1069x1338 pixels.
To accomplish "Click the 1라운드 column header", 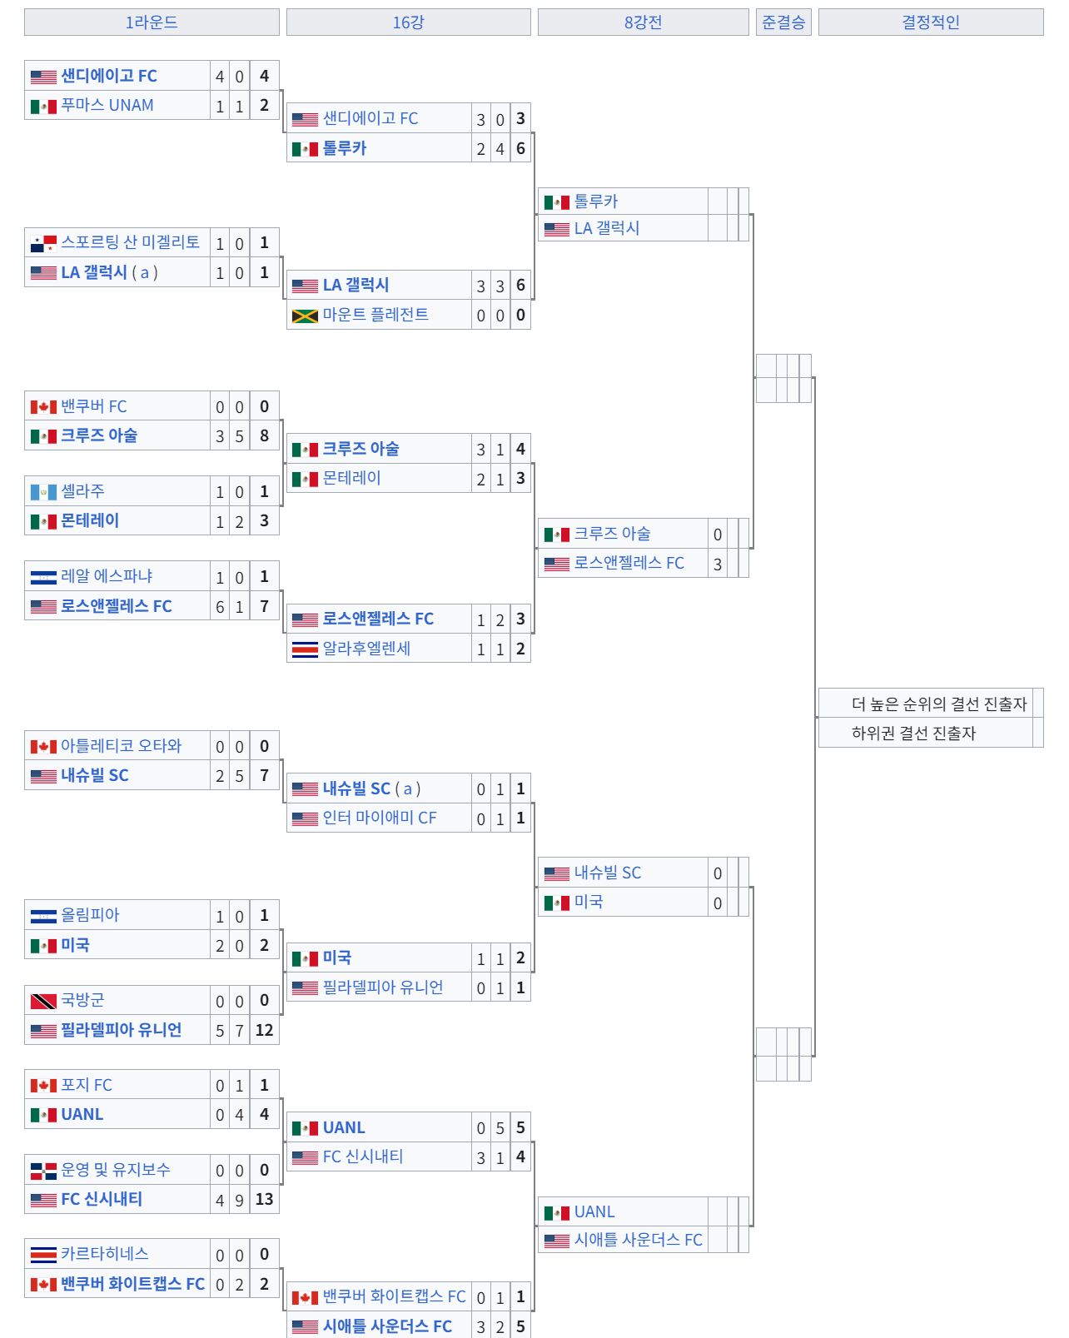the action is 152,22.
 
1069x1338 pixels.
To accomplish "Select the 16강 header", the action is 408,22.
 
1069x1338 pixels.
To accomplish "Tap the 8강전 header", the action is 643,22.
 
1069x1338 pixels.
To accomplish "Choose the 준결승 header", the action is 783,22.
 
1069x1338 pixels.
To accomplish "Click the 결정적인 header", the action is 930,22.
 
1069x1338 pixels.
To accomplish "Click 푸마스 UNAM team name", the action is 107,106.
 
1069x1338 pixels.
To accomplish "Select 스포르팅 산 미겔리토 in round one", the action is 130,242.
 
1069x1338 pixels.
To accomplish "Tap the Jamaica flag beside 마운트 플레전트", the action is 305,316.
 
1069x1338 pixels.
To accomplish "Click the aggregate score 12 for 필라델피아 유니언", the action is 264,1030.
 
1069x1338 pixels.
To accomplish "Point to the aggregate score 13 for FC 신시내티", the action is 264,1199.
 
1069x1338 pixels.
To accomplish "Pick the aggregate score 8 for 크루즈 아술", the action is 264,435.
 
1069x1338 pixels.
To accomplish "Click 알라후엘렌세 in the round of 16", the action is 366,649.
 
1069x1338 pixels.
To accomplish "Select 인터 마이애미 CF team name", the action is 380,818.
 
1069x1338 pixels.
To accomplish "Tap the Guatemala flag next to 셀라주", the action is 43,492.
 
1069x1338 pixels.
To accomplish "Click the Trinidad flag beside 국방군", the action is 43,1001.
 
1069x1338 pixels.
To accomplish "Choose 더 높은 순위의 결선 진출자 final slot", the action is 938,704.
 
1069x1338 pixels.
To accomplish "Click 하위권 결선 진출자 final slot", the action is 913,734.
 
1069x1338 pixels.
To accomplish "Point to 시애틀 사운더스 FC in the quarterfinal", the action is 638,1240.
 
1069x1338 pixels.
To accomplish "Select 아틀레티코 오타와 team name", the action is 121,746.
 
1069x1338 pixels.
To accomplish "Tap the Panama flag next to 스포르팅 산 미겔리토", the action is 43,243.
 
